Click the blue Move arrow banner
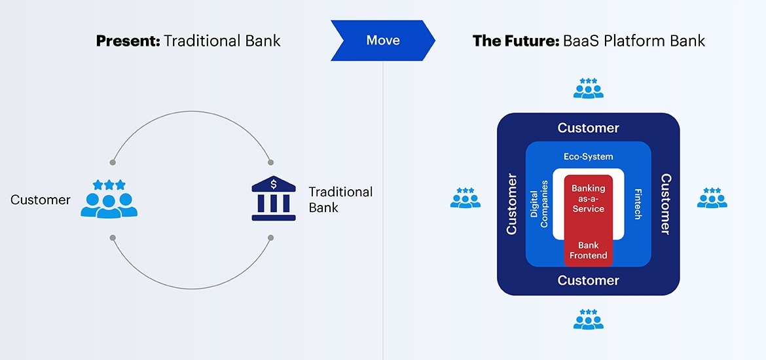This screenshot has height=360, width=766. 382,41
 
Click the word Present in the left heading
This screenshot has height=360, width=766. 128,41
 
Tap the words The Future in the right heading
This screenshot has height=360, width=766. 514,41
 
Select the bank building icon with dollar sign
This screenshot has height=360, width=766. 273,194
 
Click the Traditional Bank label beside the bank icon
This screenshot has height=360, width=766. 340,200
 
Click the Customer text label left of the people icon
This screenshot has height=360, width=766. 41,200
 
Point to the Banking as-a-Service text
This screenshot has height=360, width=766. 588,198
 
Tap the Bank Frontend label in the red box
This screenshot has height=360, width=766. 588,251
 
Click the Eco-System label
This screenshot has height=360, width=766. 588,156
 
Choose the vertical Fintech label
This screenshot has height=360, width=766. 638,204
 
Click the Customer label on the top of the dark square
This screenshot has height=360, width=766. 588,128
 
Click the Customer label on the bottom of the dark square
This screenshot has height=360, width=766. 588,280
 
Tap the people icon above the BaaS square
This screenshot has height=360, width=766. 588,88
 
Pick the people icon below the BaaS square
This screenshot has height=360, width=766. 588,319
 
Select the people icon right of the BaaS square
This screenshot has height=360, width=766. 712,198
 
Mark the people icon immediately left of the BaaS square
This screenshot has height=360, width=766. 465,198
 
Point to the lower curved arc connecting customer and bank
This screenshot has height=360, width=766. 192,288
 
